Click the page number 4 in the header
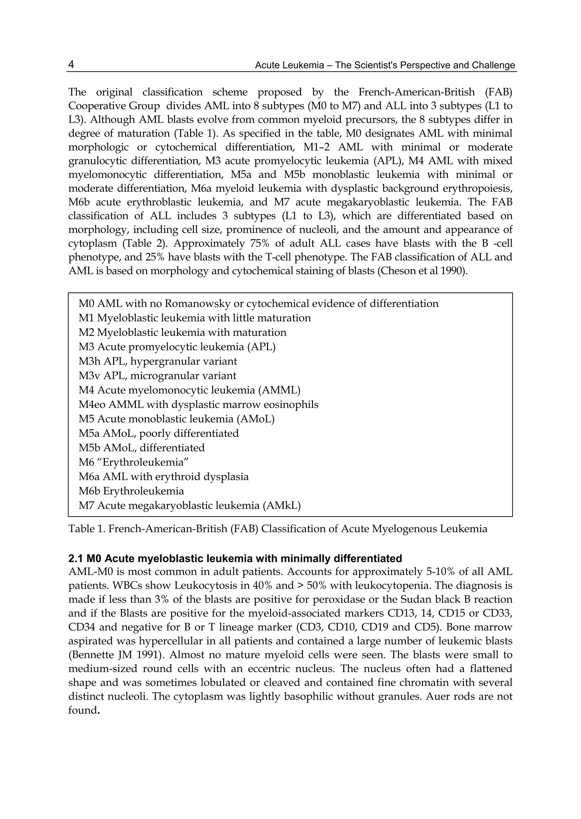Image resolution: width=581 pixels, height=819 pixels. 71,65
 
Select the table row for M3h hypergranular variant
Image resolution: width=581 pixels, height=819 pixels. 157,361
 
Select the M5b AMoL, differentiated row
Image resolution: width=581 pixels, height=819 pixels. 142,448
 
